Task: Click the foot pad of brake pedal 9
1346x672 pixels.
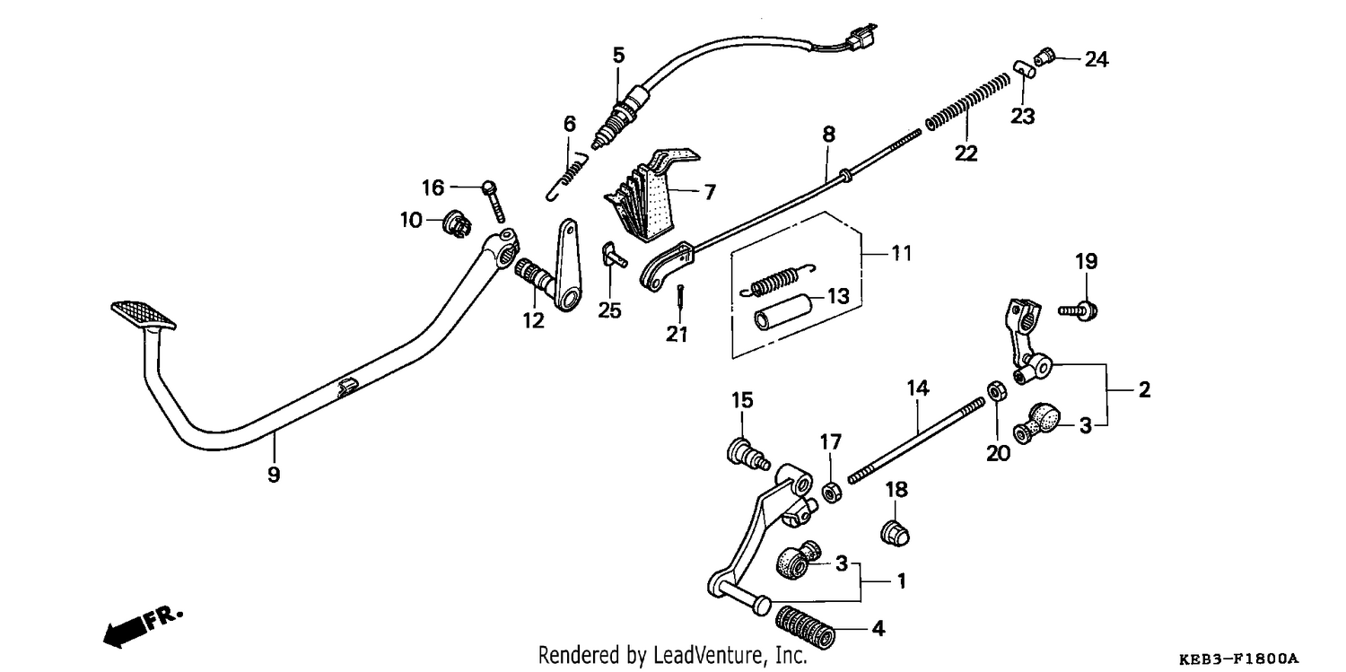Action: click(x=144, y=315)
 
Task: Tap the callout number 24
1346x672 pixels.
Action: click(x=1097, y=59)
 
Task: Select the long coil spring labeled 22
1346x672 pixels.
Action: click(x=968, y=100)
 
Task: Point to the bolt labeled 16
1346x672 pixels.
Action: click(x=494, y=202)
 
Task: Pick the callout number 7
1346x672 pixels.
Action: click(x=710, y=192)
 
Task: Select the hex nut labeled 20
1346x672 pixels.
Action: click(x=997, y=392)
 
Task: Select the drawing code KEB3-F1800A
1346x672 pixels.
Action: click(x=1238, y=659)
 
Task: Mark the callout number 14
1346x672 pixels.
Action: click(x=918, y=388)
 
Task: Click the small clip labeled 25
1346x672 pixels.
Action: click(x=614, y=255)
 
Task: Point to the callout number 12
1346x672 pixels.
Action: click(x=534, y=320)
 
